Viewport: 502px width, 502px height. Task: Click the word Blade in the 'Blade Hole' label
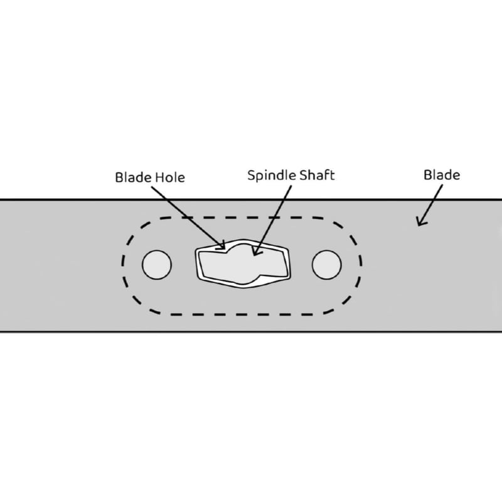coord(133,178)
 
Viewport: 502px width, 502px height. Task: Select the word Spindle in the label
coord(272,176)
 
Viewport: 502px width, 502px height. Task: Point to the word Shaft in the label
coord(318,175)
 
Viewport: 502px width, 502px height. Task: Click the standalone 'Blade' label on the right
coord(442,175)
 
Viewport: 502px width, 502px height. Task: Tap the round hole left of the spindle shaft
coord(157,265)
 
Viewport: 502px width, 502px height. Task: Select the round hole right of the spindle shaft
coord(326,265)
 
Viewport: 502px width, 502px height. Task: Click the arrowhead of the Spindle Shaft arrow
coord(255,252)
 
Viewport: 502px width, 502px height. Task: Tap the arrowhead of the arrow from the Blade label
coord(420,223)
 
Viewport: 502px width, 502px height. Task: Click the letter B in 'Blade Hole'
coord(119,178)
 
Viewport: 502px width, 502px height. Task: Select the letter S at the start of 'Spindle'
coord(252,175)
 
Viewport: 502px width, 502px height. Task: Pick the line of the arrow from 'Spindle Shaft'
coord(273,221)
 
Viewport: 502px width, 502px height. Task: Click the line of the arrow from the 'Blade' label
coord(430,205)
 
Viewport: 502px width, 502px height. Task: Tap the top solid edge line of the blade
coord(251,200)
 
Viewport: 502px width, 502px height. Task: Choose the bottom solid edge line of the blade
coord(251,332)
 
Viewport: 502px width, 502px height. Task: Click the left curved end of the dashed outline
coord(122,265)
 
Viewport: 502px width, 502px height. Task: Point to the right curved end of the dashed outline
coord(360,265)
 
